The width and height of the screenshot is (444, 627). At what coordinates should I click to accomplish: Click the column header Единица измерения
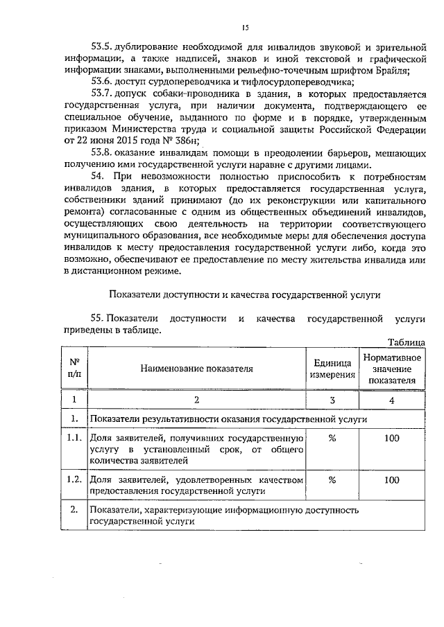point(332,369)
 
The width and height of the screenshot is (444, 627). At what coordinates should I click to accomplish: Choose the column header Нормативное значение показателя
point(392,369)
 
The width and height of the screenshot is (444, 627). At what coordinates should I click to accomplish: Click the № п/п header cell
point(74,368)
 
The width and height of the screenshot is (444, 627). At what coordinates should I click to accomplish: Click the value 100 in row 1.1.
point(392,439)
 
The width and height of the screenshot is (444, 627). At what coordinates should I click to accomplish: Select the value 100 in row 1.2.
point(392,479)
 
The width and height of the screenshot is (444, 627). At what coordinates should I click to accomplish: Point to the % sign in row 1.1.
point(332,439)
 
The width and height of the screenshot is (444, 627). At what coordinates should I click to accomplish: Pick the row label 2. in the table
point(74,510)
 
